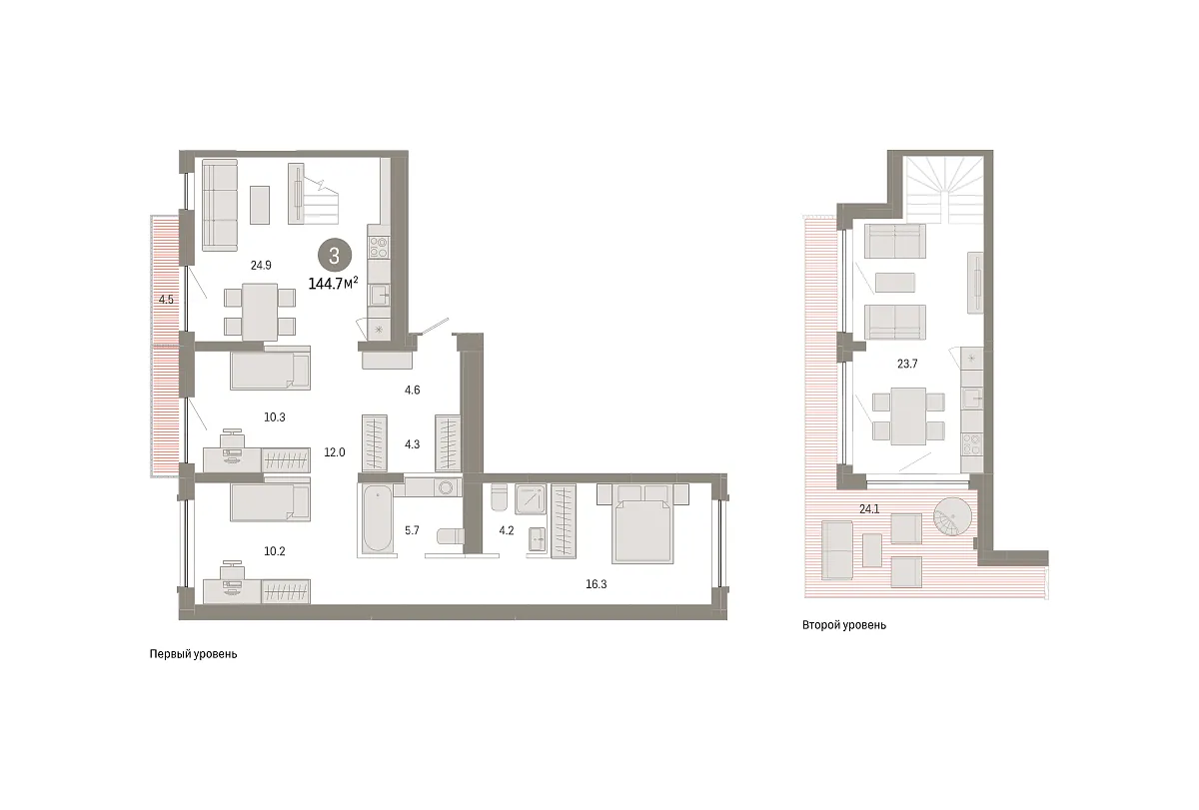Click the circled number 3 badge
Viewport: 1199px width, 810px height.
[x=335, y=256]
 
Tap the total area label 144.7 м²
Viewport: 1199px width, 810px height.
[x=333, y=283]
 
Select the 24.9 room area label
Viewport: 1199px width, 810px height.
[x=261, y=265]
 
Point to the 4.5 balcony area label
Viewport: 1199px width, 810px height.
[x=166, y=300]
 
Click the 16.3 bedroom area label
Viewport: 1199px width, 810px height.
[x=596, y=584]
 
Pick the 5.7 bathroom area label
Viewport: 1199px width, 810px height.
[x=412, y=530]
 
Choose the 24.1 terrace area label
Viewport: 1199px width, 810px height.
[x=869, y=509]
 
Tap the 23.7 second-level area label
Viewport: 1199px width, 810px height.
[x=907, y=364]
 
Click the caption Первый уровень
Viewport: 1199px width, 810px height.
[x=193, y=654]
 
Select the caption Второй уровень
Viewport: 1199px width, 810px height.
[x=844, y=625]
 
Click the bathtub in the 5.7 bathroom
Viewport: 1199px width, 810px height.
[x=377, y=518]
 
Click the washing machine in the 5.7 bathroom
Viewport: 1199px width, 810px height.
[x=446, y=488]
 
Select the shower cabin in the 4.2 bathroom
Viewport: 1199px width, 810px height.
[x=531, y=499]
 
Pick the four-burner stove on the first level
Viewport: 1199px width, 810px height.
[x=379, y=248]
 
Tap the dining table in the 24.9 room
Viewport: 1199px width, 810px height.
[x=260, y=312]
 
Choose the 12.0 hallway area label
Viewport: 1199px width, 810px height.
[x=335, y=452]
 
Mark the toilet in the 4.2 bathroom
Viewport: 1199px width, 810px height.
[x=499, y=497]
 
